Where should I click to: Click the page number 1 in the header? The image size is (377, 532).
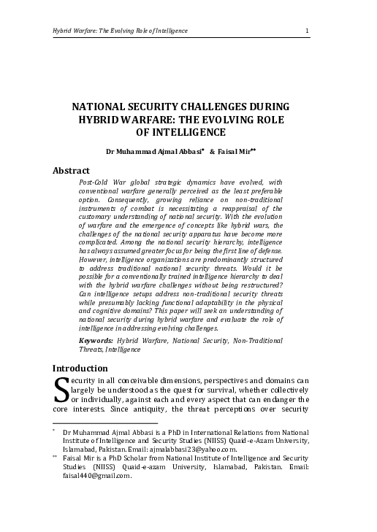(x=308, y=31)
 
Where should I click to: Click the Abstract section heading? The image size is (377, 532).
(x=71, y=170)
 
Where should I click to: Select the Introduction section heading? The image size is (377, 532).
(x=80, y=368)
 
